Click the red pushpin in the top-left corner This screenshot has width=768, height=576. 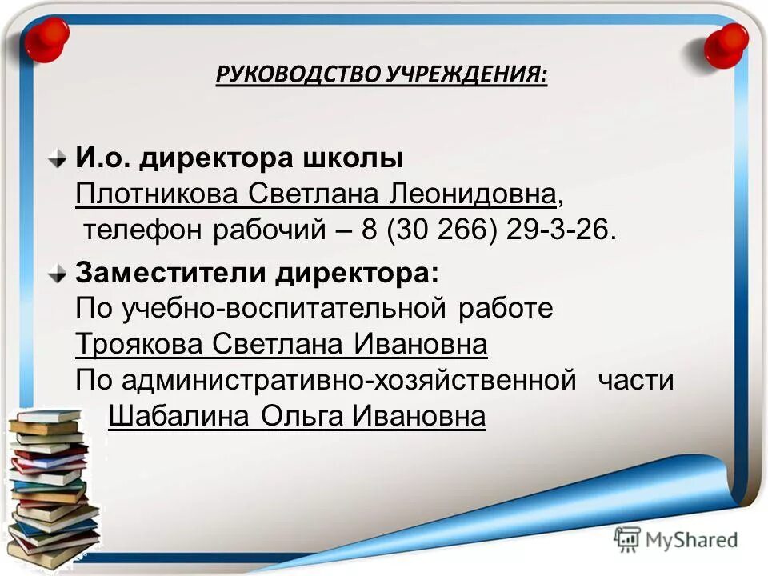46,38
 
